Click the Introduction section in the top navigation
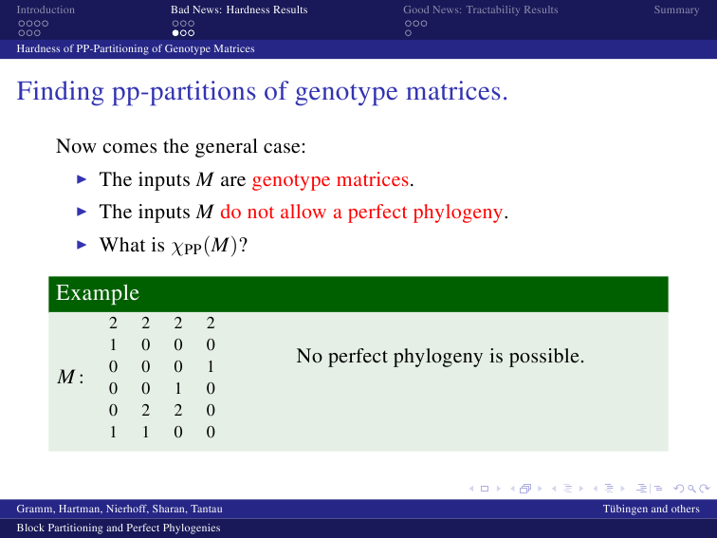coord(46,9)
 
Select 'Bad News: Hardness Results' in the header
coord(239,9)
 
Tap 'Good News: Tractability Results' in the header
coord(481,9)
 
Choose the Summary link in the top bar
coord(676,10)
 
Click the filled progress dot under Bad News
coord(175,33)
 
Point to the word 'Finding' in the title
coord(61,91)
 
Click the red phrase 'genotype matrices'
coord(330,179)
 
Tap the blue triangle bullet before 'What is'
coord(82,245)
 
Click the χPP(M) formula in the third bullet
coord(205,246)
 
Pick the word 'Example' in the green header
coord(98,293)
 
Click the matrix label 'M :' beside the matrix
coord(70,377)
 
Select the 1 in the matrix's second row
coord(113,344)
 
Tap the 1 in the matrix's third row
coord(211,366)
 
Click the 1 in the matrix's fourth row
coord(178,388)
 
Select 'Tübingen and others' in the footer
coord(652,509)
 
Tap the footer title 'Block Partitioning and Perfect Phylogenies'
coord(119,528)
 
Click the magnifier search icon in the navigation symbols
coord(691,489)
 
